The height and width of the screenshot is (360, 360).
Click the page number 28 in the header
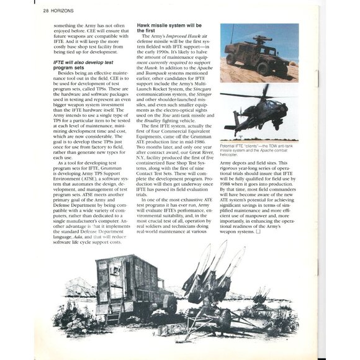coord(47,11)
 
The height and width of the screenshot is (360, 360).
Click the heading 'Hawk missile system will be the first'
coord(161,29)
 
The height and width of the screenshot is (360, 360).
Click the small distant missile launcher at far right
coord(261,297)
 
